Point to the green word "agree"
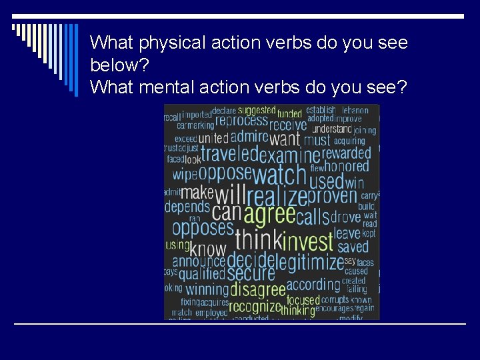[x=269, y=215]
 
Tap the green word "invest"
[x=307, y=241]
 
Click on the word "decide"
[x=251, y=259]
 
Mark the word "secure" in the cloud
[x=251, y=273]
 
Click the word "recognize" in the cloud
[x=255, y=307]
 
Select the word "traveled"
[x=229, y=155]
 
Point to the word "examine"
[x=289, y=156]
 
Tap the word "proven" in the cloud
[x=333, y=196]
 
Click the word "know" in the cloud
[x=208, y=250]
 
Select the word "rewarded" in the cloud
[x=347, y=153]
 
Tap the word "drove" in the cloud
[x=345, y=217]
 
